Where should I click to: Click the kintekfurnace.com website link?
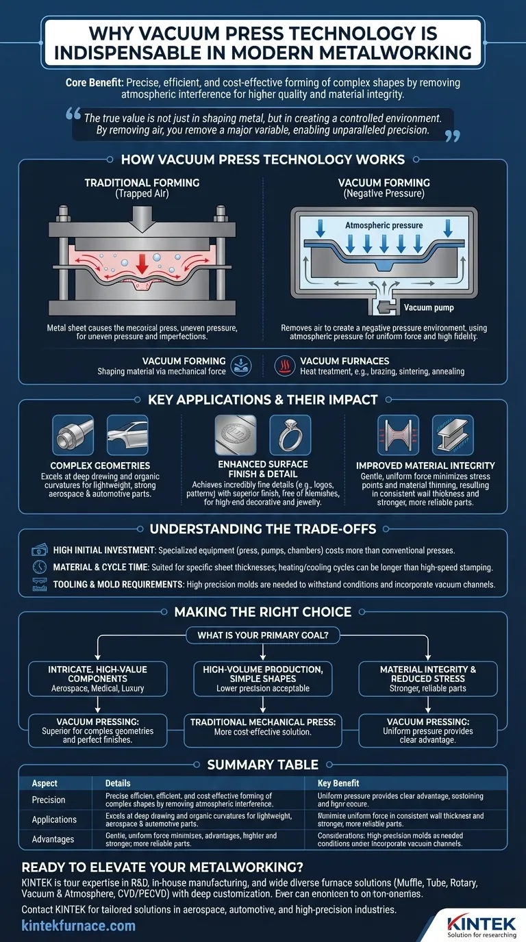[x=79, y=926]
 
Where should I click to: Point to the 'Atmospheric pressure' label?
[x=384, y=225]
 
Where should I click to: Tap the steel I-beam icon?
[x=453, y=436]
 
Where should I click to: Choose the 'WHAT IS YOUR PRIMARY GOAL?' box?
[x=263, y=635]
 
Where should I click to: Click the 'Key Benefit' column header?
[x=338, y=782]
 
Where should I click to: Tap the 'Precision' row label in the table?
[x=49, y=800]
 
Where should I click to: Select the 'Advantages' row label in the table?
[x=53, y=839]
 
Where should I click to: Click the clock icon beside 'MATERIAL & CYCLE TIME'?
[x=40, y=567]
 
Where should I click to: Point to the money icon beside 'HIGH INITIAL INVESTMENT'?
[x=40, y=550]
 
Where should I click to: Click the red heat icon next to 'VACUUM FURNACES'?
[x=284, y=364]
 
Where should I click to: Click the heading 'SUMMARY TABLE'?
[x=263, y=764]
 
